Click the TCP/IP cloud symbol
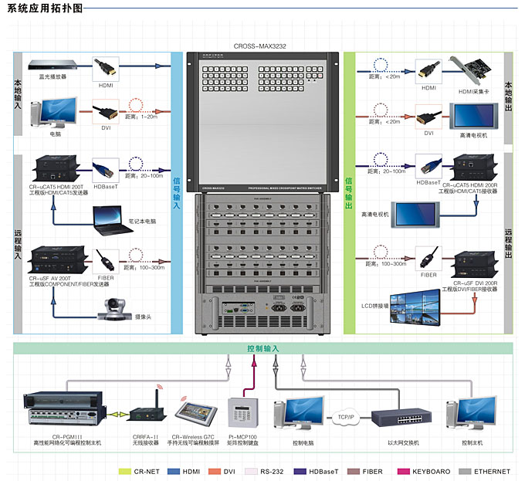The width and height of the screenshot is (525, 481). coord(345,417)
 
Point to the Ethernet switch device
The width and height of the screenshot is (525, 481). coord(400,418)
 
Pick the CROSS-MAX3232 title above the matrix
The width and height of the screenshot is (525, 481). coord(259,46)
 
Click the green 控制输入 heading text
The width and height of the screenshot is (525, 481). coord(262,349)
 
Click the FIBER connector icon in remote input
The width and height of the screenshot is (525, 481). coord(107,259)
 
